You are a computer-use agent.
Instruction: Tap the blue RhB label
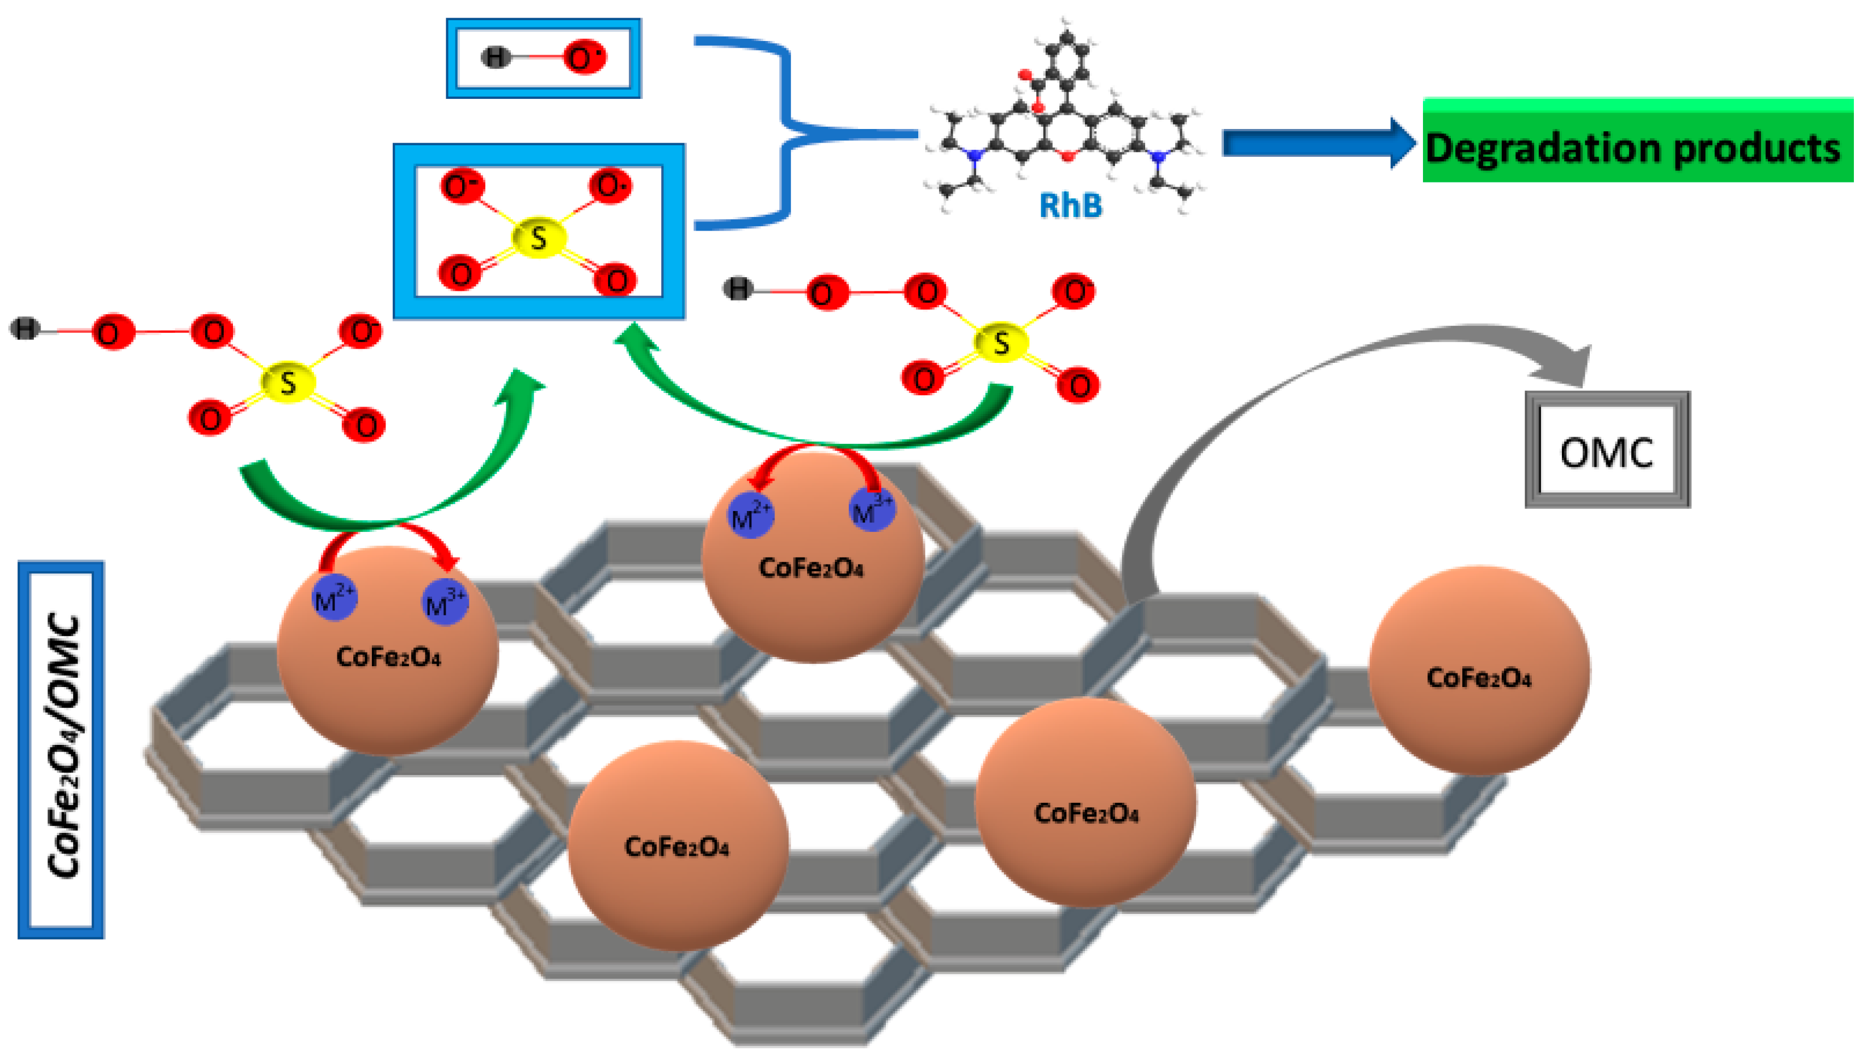click(x=1070, y=205)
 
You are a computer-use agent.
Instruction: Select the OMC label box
click(x=1606, y=450)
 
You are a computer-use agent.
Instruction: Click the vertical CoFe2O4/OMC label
click(x=61, y=748)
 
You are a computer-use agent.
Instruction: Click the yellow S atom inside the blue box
click(x=538, y=237)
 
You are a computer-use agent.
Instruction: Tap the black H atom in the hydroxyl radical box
click(x=496, y=57)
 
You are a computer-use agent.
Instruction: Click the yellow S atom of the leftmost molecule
click(x=288, y=382)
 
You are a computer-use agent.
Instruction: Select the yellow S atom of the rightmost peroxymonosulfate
click(x=1001, y=342)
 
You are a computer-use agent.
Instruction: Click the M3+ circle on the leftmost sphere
click(x=445, y=602)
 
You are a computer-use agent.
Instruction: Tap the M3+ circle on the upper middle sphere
click(x=872, y=509)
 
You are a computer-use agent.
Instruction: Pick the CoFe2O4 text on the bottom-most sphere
click(x=676, y=846)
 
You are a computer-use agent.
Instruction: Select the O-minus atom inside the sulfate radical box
click(x=461, y=186)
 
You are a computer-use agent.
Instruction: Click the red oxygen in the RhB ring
click(x=1068, y=156)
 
